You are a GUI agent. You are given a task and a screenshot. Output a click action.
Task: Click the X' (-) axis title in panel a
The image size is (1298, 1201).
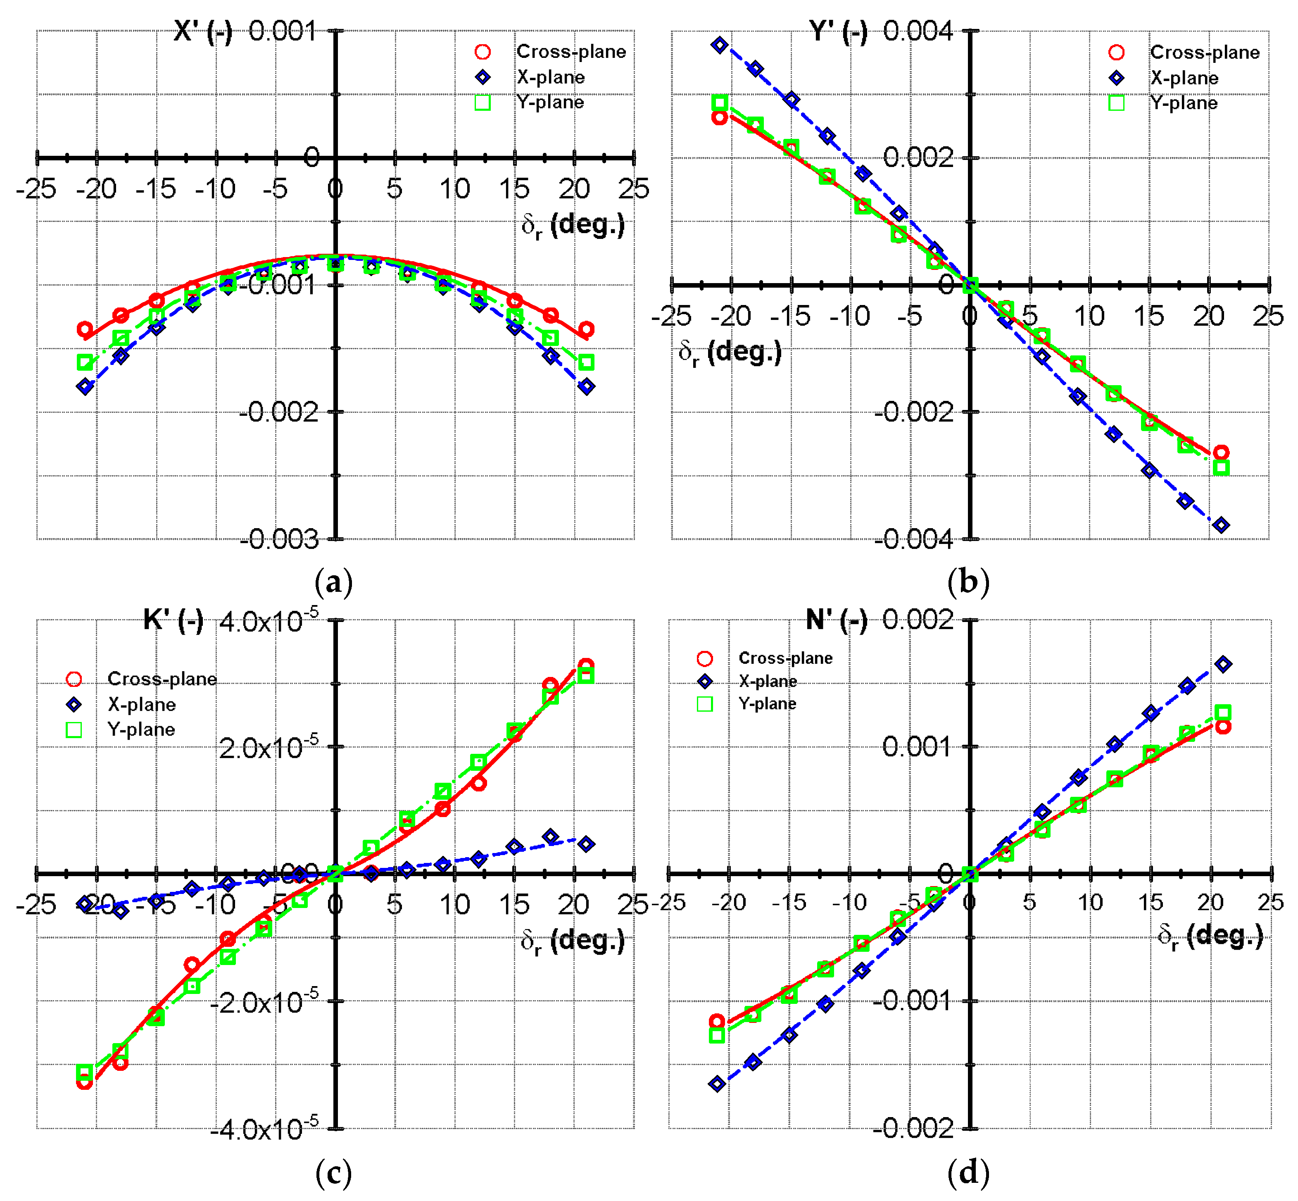[203, 31]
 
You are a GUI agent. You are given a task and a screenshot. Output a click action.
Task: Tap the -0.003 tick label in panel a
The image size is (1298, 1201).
[279, 539]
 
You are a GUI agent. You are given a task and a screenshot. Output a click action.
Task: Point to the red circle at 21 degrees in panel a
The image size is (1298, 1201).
[586, 329]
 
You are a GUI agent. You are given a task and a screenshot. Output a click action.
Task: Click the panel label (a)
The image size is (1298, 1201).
[333, 581]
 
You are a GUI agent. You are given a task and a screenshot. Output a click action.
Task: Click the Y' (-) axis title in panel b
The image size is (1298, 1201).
[838, 31]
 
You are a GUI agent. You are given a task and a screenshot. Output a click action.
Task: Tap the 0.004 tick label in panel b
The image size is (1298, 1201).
[918, 31]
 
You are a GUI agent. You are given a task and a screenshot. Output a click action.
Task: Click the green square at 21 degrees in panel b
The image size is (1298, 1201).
[1221, 467]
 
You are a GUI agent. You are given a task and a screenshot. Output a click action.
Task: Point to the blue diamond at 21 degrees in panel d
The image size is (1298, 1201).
[1223, 664]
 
